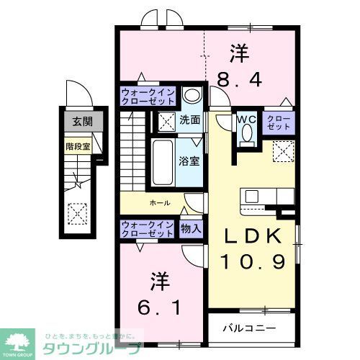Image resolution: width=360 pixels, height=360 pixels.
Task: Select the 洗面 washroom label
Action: tap(189, 120)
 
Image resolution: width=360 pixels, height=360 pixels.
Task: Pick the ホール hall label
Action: tap(160, 203)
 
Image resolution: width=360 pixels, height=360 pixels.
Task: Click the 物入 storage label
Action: tap(192, 229)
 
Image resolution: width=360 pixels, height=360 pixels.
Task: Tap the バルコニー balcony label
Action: tap(249, 327)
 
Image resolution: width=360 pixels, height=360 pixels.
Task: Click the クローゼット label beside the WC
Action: tap(279, 122)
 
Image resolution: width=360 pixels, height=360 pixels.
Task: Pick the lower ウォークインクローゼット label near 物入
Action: tap(147, 229)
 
